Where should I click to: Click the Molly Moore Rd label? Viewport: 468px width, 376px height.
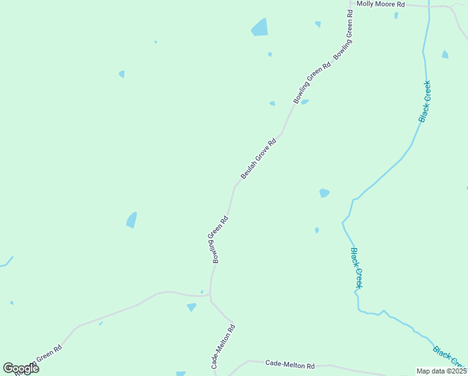[380, 4]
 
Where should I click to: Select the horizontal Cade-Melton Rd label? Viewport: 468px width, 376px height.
[290, 363]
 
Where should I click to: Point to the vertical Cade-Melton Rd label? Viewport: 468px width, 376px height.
[223, 346]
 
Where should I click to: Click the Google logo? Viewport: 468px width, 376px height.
[21, 368]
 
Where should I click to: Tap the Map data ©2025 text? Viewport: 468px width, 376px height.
[441, 371]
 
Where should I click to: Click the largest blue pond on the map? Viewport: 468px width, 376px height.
[260, 28]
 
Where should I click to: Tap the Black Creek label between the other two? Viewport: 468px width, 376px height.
[356, 268]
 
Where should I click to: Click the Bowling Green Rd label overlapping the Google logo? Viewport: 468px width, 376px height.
[39, 361]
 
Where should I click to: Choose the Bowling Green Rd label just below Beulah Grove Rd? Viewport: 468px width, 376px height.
[218, 239]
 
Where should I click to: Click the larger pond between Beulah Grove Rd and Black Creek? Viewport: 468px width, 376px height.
[324, 193]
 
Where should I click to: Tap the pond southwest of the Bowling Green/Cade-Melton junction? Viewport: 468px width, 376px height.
[191, 307]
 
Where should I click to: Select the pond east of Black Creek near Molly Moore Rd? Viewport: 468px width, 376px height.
[445, 55]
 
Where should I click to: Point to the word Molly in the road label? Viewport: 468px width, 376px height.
[365, 4]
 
